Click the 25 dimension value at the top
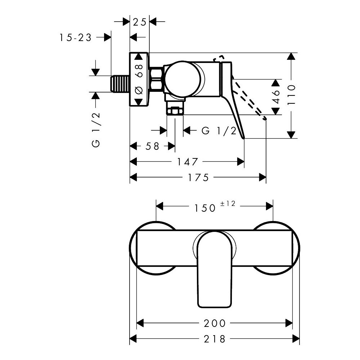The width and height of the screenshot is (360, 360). coord(139,22)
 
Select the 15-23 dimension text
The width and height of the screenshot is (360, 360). coord(76,37)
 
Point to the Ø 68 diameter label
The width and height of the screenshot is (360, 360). coord(139,80)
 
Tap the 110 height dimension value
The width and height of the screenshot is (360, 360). coord(291,95)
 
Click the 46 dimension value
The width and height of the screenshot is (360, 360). coord(276,96)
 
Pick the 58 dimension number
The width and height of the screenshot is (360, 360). coord(152,146)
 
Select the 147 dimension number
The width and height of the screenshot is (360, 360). coord(187,162)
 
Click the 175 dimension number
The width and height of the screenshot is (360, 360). coord(198,177)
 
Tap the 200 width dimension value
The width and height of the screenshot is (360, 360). coord(215,323)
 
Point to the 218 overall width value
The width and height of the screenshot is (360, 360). coord(215,339)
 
